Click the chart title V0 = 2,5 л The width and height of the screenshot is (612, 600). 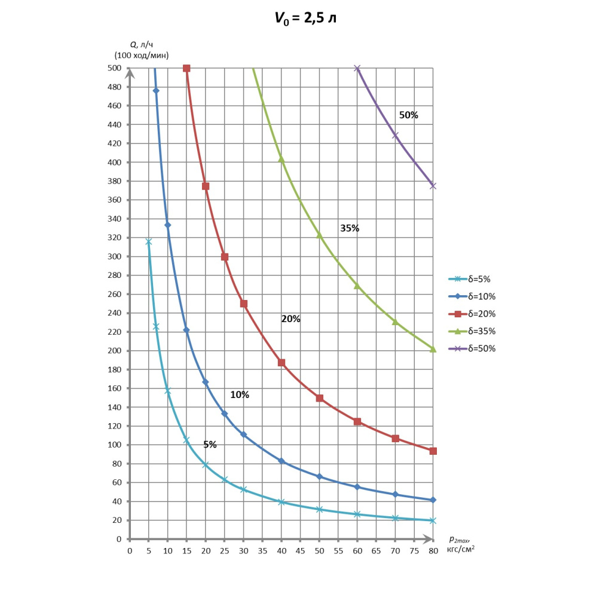click(305, 18)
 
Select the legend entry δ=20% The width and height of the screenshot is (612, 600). click(481, 314)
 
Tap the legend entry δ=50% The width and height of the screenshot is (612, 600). click(481, 348)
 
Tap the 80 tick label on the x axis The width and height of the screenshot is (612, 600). click(433, 550)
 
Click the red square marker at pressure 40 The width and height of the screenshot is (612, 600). click(281, 363)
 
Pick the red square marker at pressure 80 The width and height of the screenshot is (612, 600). click(433, 451)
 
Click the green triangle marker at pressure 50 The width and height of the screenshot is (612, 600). click(319, 235)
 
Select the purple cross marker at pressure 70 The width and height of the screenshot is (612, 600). click(395, 136)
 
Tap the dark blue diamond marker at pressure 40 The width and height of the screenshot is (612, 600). click(281, 461)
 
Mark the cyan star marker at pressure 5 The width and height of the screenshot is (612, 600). click(149, 241)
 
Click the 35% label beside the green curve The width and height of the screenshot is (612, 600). click(350, 228)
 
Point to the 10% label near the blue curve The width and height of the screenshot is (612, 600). click(240, 395)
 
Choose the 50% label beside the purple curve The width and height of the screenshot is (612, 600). click(409, 115)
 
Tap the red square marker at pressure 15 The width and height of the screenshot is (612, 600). click(186, 68)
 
